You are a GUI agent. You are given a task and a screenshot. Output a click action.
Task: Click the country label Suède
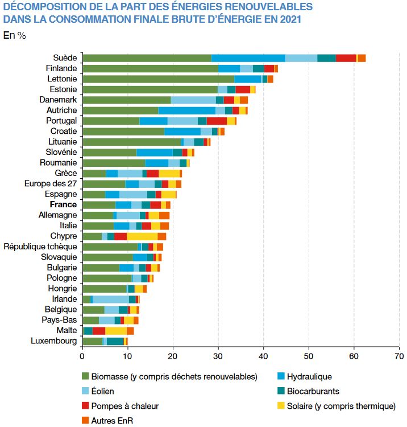click(x=65, y=58)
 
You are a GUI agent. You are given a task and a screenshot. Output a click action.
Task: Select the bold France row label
click(x=63, y=205)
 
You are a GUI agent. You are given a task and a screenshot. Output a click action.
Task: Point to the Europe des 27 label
click(x=51, y=184)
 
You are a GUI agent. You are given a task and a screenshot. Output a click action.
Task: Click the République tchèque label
click(x=40, y=247)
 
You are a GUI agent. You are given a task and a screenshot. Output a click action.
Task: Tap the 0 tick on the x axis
click(x=82, y=357)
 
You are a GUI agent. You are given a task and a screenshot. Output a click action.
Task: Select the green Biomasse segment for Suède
click(x=147, y=58)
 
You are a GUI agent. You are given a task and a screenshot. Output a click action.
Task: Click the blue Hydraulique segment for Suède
click(x=248, y=58)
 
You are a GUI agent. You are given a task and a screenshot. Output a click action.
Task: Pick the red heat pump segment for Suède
click(x=346, y=58)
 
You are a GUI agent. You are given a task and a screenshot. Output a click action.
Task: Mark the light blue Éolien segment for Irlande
click(x=111, y=299)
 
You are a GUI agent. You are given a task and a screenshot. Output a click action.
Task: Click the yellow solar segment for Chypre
click(x=142, y=236)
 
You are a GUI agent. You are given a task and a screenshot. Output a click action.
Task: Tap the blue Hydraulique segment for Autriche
click(x=186, y=110)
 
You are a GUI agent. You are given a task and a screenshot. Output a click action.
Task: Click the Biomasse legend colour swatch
click(x=86, y=376)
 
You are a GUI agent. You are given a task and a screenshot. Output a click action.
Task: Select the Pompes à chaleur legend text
click(x=125, y=406)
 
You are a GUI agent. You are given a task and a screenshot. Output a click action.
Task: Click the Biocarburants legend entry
click(x=313, y=391)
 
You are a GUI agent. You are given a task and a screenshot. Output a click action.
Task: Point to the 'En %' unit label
click(x=15, y=35)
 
